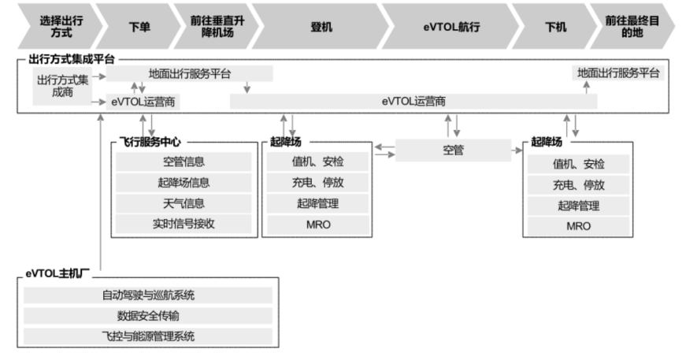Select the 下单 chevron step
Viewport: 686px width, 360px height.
[139, 26]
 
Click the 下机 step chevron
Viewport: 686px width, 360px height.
[555, 26]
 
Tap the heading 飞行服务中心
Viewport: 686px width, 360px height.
[151, 143]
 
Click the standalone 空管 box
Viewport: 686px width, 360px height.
[453, 150]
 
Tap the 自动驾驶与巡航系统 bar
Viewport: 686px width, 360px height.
[147, 295]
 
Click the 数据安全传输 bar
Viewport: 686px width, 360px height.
[147, 316]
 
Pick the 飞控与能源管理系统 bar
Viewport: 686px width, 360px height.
[147, 336]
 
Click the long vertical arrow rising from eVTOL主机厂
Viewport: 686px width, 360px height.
[101, 197]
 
